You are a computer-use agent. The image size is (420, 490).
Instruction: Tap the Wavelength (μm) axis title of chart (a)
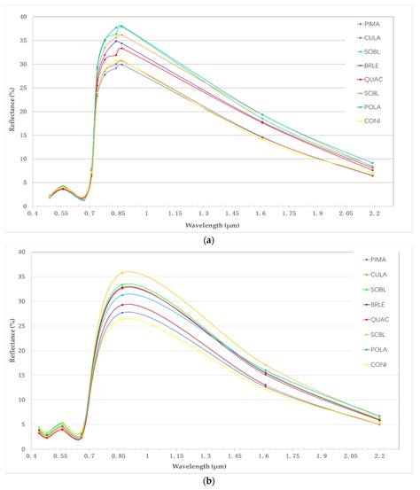point(210,223)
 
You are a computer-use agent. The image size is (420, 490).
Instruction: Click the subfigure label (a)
point(210,238)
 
